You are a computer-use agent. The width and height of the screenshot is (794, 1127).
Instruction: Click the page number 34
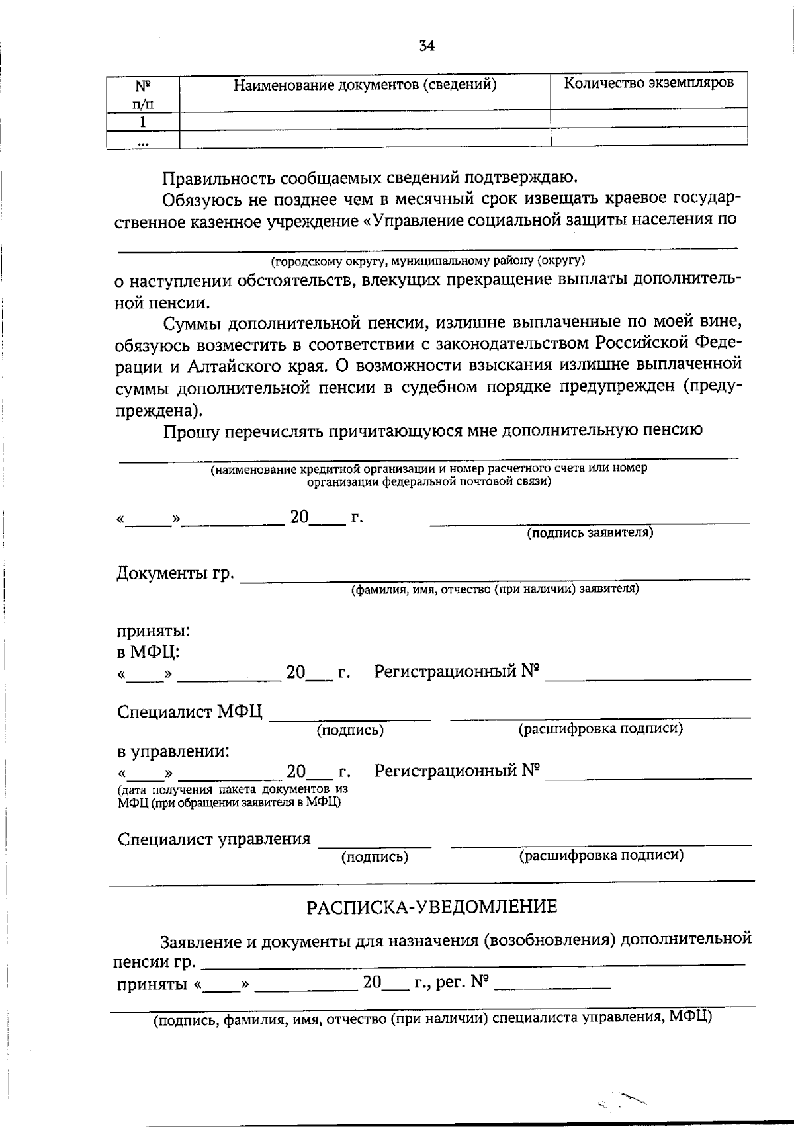(x=427, y=46)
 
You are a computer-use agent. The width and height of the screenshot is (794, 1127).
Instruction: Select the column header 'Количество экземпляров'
(x=648, y=83)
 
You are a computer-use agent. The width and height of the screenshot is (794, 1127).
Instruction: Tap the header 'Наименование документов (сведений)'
(x=365, y=85)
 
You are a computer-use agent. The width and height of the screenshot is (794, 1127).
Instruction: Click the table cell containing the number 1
(x=142, y=122)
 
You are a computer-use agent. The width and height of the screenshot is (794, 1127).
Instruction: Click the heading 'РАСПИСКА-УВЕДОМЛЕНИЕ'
(x=431, y=906)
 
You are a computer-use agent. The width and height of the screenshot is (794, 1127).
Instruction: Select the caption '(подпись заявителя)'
(x=590, y=533)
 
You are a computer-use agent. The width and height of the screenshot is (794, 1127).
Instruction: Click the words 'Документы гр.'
(x=175, y=573)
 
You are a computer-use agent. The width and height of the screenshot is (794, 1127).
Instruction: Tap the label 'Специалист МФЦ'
(x=190, y=712)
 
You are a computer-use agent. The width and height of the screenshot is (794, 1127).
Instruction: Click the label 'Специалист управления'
(x=214, y=839)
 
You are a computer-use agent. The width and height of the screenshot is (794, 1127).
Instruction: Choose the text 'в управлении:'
(x=173, y=751)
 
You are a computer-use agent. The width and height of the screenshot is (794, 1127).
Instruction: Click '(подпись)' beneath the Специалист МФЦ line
(x=350, y=730)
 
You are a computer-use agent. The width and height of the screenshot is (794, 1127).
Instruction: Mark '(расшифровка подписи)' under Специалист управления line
(x=601, y=855)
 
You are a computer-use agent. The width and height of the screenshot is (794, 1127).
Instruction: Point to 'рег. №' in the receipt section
(x=462, y=983)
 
